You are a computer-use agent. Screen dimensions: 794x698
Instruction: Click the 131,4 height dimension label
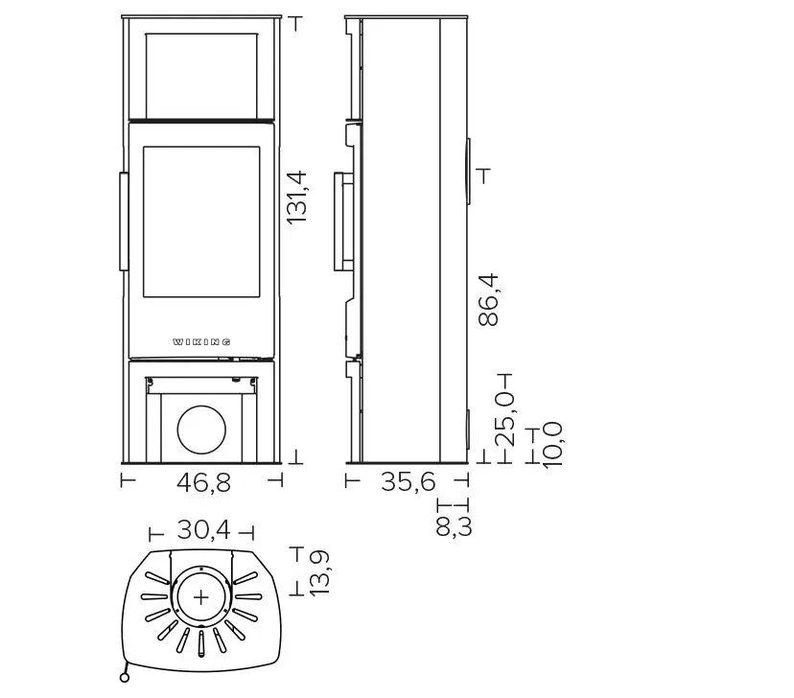pyautogui.click(x=296, y=197)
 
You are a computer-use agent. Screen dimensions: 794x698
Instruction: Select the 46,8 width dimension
pyautogui.click(x=203, y=482)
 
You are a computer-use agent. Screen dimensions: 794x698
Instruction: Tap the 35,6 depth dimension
pyautogui.click(x=409, y=481)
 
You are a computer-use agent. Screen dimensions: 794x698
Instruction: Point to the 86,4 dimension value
pyautogui.click(x=489, y=300)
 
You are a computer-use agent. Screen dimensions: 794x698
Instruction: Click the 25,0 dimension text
pyautogui.click(x=504, y=419)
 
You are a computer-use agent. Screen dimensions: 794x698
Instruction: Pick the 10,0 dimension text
pyautogui.click(x=552, y=446)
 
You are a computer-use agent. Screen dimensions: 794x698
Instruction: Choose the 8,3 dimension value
pyautogui.click(x=454, y=526)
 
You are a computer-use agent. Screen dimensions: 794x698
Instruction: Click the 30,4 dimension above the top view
pyautogui.click(x=203, y=530)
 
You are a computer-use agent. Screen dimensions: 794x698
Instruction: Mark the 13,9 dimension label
pyautogui.click(x=319, y=573)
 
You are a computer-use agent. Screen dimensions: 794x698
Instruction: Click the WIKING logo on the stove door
pyautogui.click(x=201, y=342)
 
